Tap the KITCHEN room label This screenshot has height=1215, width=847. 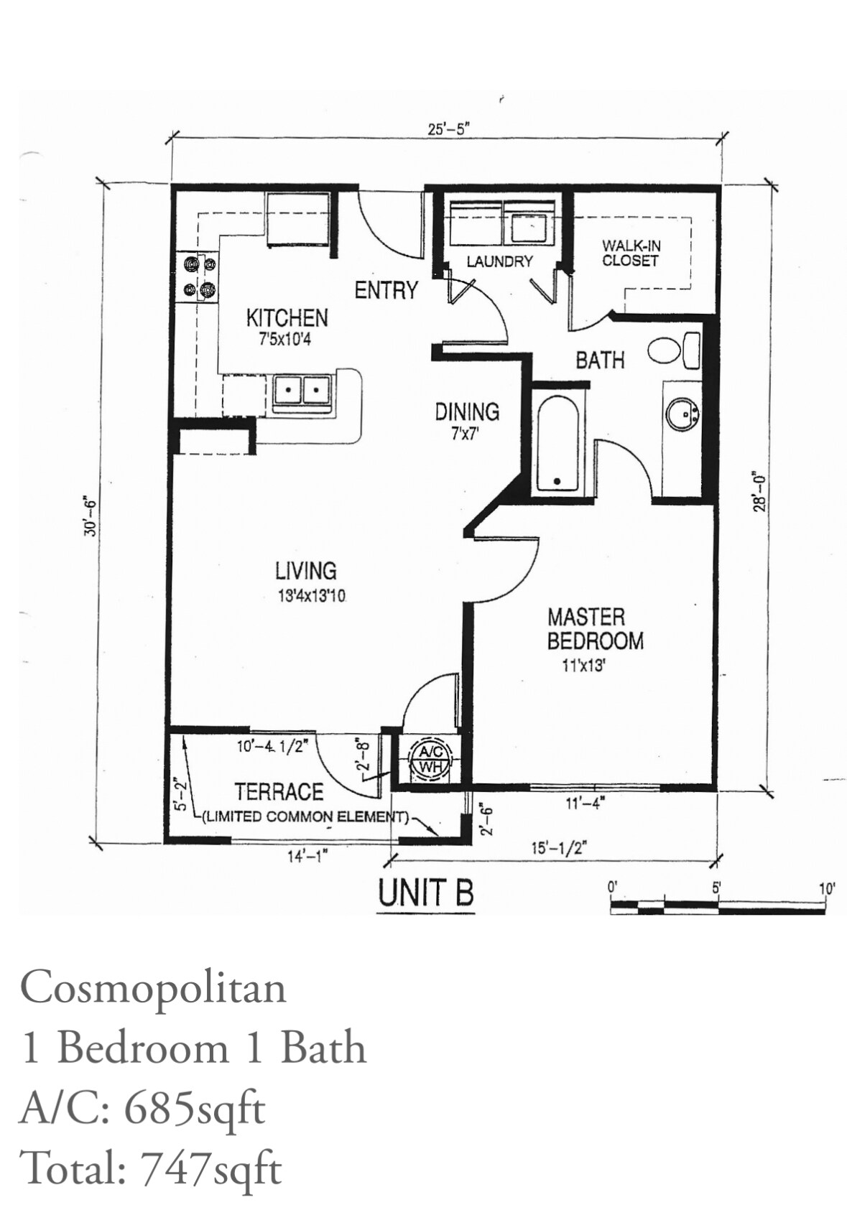coord(287,318)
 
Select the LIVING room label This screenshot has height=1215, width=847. coord(306,571)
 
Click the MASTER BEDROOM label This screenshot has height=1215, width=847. coord(595,629)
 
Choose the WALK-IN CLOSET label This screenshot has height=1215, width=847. coord(631,254)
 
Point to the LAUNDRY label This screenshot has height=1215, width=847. coord(500,262)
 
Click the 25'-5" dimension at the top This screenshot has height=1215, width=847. coord(448,130)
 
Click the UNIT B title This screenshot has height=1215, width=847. coord(426,894)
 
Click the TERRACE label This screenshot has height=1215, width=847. coord(279,792)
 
